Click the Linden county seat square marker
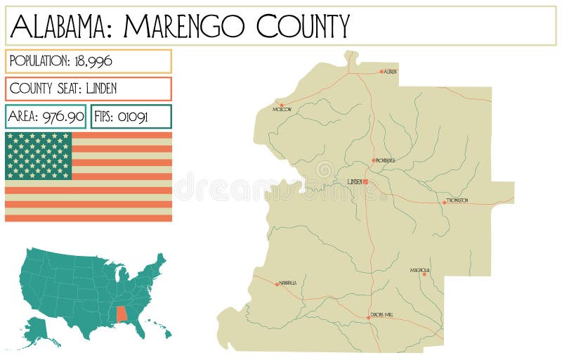tap(365, 181)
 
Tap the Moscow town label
tap(282, 110)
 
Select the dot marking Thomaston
tap(444, 202)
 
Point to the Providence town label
tap(385, 160)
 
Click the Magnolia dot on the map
tap(424, 274)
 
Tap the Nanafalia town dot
tap(277, 283)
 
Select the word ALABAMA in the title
tap(61, 27)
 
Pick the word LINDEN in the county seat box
tap(101, 89)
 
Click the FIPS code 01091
tap(132, 117)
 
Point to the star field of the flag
tap(39, 155)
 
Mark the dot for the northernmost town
tap(381, 72)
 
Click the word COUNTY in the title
tap(302, 27)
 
